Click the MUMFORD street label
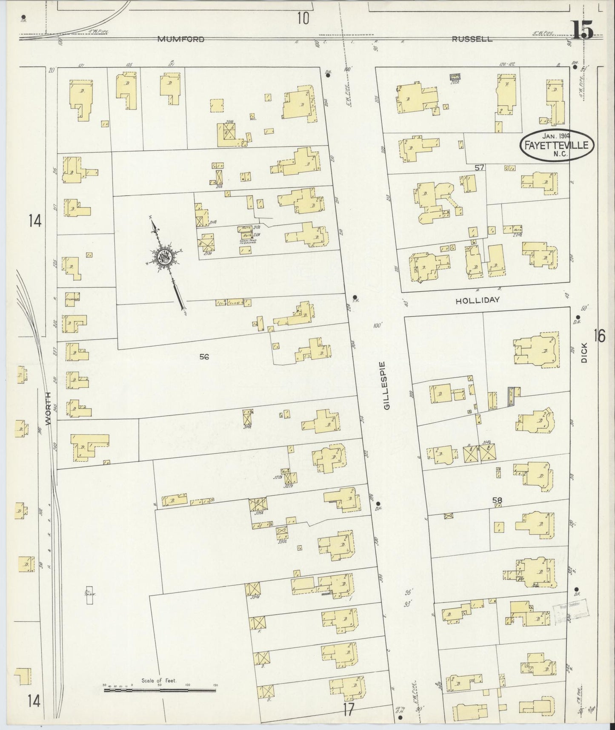(181, 39)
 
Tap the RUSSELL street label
(472, 39)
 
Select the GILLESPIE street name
(386, 385)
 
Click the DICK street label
(584, 353)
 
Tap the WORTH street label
(48, 408)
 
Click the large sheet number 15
(582, 31)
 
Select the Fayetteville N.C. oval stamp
(557, 145)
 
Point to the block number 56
(204, 357)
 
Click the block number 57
(479, 168)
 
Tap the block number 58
(497, 500)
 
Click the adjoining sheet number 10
(303, 18)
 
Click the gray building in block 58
(511, 396)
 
